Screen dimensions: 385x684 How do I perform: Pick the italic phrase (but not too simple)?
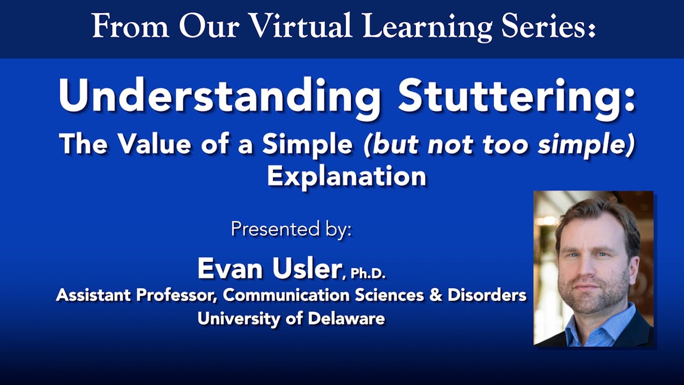pyautogui.click(x=499, y=144)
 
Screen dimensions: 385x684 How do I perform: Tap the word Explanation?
pyautogui.click(x=346, y=175)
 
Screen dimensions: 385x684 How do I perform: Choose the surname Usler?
pyautogui.click(x=306, y=268)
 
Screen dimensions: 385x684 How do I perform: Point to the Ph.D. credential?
pyautogui.click(x=367, y=274)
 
